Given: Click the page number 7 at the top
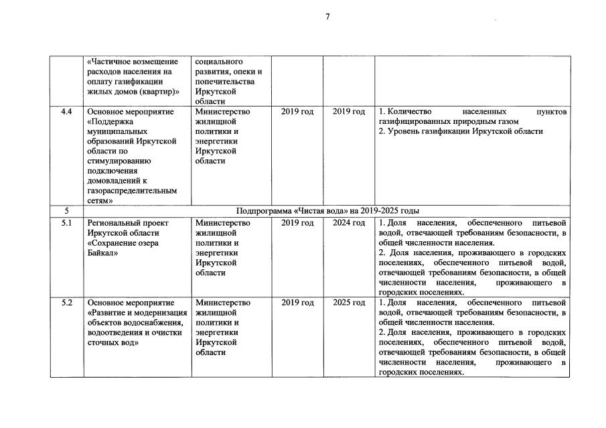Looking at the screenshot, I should point(327,17).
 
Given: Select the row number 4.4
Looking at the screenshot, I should point(66,112).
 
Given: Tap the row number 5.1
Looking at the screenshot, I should point(66,223).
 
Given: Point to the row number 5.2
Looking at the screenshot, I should point(66,303).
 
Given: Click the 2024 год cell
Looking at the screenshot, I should point(348,223).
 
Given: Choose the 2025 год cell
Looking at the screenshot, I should point(348,303).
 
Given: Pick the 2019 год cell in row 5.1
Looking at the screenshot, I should point(297,223).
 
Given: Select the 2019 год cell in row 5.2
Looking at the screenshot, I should point(297,303).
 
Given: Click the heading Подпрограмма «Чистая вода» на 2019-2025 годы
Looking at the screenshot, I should point(328,210).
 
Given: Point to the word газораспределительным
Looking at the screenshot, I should point(132,190).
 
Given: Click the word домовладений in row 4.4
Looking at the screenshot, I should point(114,181).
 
